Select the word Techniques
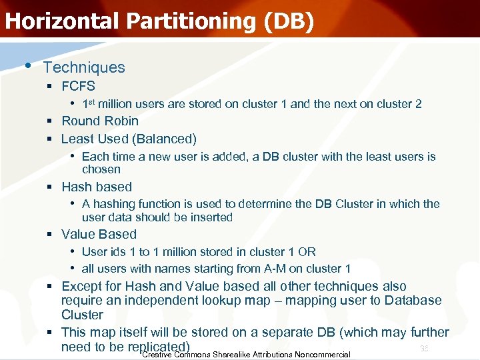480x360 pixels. point(84,67)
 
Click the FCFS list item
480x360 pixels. point(78,86)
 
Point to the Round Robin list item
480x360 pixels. point(100,121)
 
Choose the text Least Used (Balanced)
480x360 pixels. point(129,139)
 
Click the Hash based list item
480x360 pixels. point(97,187)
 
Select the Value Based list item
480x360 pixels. point(99,234)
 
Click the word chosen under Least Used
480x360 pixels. point(101,169)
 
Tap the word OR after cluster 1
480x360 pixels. point(307,252)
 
